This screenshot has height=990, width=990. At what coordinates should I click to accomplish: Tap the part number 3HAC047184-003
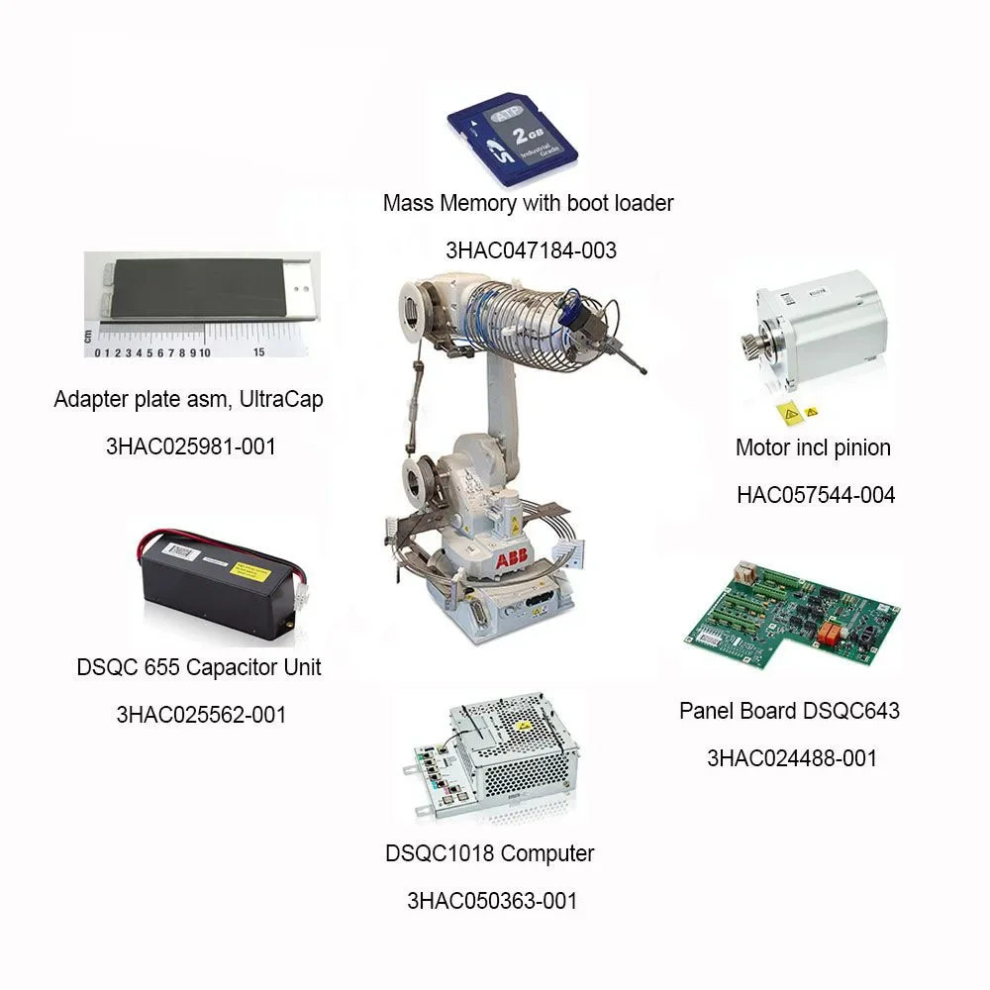point(531,250)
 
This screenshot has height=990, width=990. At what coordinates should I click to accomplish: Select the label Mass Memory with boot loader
point(528,203)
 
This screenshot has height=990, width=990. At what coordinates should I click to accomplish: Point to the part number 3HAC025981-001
point(191,446)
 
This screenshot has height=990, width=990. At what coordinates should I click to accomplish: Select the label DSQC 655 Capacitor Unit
point(199,667)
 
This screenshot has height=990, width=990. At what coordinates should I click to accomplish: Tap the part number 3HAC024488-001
point(792,758)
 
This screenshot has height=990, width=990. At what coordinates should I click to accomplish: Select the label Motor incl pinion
point(813,447)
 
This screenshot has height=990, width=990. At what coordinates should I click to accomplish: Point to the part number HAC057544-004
point(815,494)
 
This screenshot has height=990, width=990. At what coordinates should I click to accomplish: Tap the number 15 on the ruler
point(258,351)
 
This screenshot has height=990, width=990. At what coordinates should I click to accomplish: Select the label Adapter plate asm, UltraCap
point(188,400)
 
